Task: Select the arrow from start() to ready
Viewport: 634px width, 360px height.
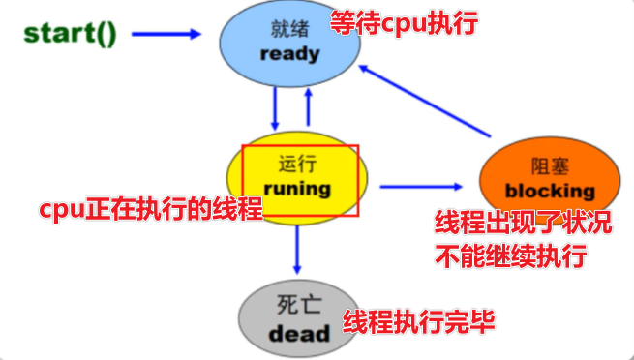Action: pos(166,34)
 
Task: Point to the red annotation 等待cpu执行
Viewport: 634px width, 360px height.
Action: pos(404,23)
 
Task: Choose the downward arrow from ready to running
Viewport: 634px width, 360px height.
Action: pos(276,108)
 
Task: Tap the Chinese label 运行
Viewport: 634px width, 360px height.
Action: pos(296,165)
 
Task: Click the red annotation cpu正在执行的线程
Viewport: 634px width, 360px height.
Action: pos(150,210)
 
